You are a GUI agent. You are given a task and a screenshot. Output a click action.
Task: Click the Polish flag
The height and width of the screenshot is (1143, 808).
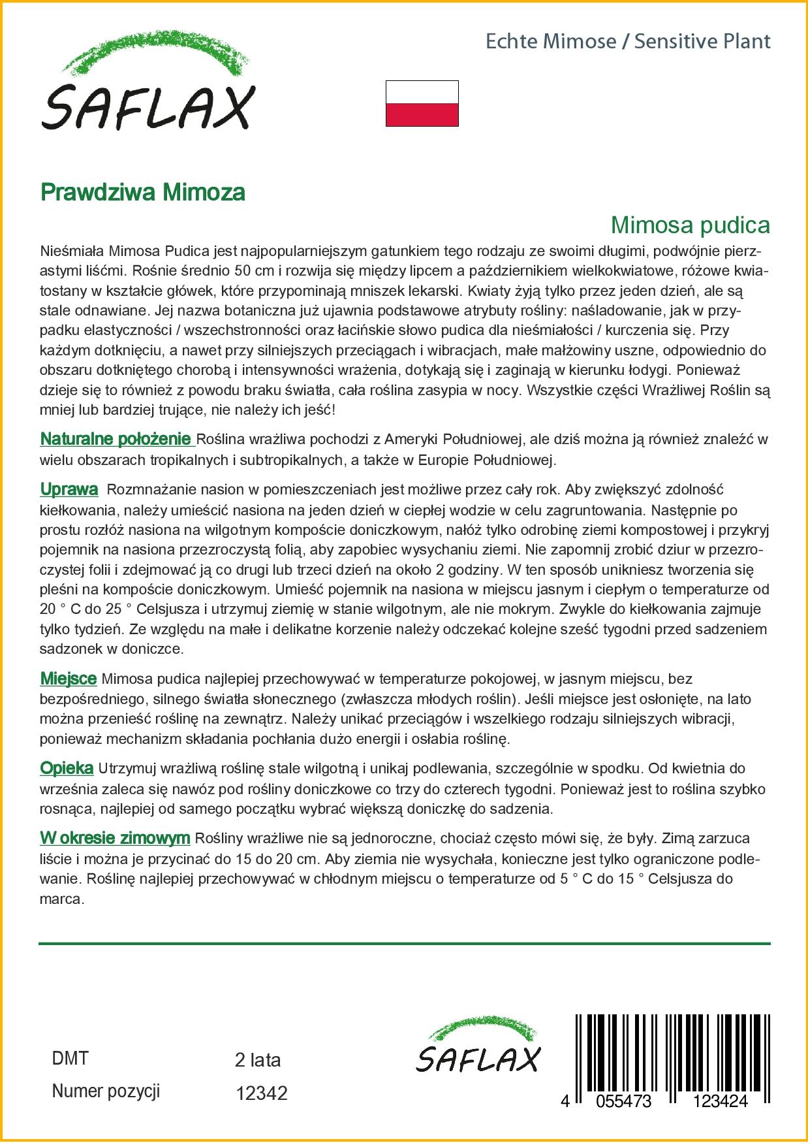[x=422, y=103]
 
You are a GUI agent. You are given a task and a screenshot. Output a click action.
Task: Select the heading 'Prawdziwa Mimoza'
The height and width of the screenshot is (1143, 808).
[x=143, y=192]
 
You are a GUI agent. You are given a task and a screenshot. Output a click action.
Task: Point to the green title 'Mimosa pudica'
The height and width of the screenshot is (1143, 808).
[x=690, y=225]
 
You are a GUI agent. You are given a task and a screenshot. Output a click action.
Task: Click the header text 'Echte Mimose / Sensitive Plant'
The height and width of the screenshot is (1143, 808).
[x=628, y=42]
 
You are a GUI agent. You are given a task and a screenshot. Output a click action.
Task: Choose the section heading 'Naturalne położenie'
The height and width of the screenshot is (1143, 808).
[x=117, y=439]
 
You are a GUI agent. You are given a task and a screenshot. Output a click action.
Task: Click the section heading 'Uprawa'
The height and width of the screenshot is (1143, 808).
[x=69, y=489]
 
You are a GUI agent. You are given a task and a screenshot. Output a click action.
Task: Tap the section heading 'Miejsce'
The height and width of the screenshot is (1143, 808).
[x=69, y=679]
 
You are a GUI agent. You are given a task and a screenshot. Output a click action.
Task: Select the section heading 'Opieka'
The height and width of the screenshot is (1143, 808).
[x=67, y=768]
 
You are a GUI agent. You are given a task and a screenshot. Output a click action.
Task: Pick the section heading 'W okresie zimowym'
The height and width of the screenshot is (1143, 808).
[x=115, y=837]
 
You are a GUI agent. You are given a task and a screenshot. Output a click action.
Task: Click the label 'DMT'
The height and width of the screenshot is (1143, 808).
[x=70, y=1059]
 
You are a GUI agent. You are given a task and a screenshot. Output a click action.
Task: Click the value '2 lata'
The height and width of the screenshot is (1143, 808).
[x=257, y=1059]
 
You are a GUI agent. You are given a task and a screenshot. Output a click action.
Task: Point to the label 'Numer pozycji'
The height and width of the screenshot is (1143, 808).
[x=106, y=1091]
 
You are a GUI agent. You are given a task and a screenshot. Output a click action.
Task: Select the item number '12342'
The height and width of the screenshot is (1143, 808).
[x=261, y=1093]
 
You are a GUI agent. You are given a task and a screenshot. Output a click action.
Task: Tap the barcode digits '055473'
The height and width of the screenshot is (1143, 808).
[x=620, y=1101]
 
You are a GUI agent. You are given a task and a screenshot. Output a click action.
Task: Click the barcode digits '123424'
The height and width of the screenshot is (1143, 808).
[x=720, y=1101]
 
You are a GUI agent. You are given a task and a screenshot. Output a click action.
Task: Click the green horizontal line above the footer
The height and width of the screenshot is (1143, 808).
[x=404, y=943]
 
